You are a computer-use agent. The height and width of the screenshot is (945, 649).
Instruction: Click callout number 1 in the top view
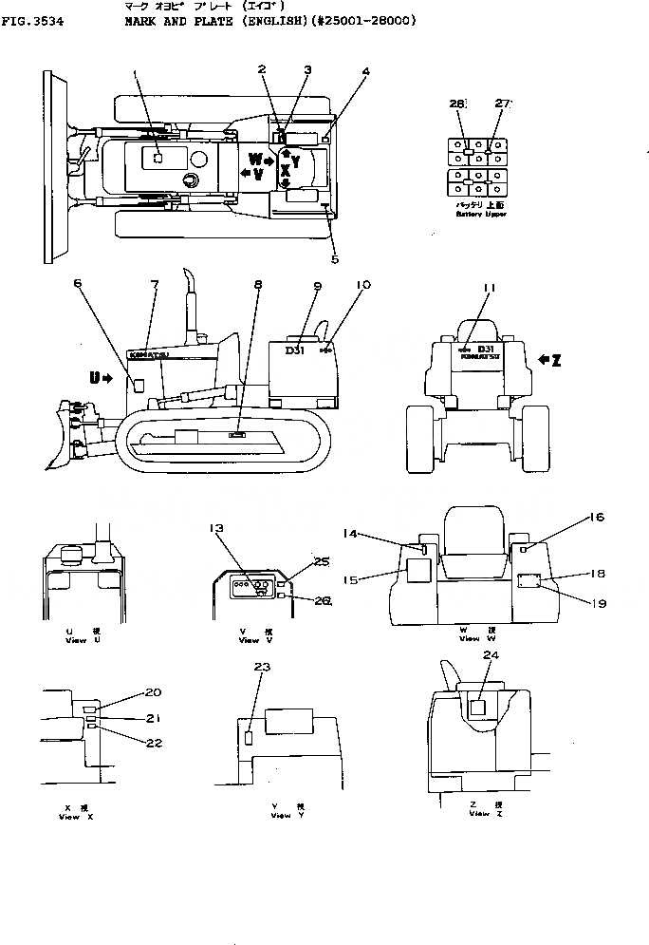[x=135, y=73]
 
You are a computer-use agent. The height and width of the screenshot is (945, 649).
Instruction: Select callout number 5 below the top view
[x=335, y=258]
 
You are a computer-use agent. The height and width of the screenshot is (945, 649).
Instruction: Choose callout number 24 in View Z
[x=490, y=654]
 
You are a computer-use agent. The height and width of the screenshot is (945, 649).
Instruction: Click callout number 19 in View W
[x=597, y=603]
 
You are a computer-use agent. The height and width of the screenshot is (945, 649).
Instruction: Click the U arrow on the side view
[x=101, y=378]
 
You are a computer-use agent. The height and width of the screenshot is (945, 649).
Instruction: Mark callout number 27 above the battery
[x=503, y=104]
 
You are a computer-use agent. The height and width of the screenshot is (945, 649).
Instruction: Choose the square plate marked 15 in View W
[x=418, y=571]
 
